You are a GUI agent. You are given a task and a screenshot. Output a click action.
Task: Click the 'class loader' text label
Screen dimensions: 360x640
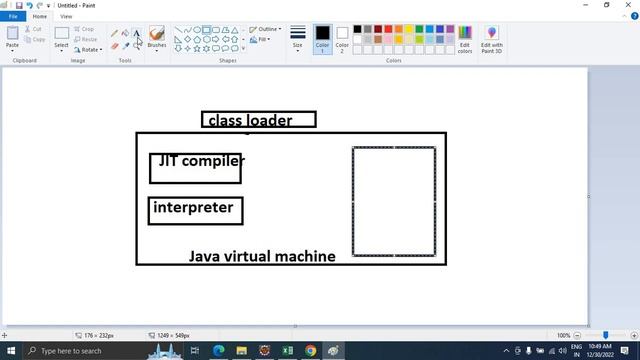pyautogui.click(x=250, y=121)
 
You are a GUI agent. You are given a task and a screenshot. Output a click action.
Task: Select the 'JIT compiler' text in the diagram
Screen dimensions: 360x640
pyautogui.click(x=200, y=160)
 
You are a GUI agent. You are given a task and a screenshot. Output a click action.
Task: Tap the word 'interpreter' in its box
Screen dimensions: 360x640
pyautogui.click(x=193, y=208)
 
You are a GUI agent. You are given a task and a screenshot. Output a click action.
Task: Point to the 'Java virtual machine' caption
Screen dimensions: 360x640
pyautogui.click(x=262, y=257)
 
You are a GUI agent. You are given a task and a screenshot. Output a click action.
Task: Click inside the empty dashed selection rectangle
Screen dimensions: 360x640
pyautogui.click(x=394, y=201)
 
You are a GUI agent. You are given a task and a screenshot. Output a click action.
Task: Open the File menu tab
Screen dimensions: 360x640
pyautogui.click(x=13, y=16)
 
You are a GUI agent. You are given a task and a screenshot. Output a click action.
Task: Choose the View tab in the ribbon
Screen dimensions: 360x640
pyautogui.click(x=66, y=16)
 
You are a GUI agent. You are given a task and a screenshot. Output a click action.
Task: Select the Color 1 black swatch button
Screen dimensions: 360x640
pyautogui.click(x=322, y=38)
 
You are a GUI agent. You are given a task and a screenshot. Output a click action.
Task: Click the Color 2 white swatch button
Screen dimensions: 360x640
pyautogui.click(x=342, y=38)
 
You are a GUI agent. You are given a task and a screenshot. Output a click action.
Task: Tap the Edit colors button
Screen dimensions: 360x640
pyautogui.click(x=465, y=39)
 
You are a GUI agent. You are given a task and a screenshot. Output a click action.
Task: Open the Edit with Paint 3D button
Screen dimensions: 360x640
pyautogui.click(x=492, y=39)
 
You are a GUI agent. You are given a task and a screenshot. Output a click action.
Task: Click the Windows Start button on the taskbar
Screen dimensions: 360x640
pyautogui.click(x=9, y=351)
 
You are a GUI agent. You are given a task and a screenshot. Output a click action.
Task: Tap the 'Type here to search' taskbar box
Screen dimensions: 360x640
pyautogui.click(x=75, y=351)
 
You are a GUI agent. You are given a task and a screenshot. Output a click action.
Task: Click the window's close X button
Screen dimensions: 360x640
pyautogui.click(x=629, y=5)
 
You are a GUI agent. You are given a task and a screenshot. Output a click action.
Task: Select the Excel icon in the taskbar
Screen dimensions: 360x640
pyautogui.click(x=288, y=351)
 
